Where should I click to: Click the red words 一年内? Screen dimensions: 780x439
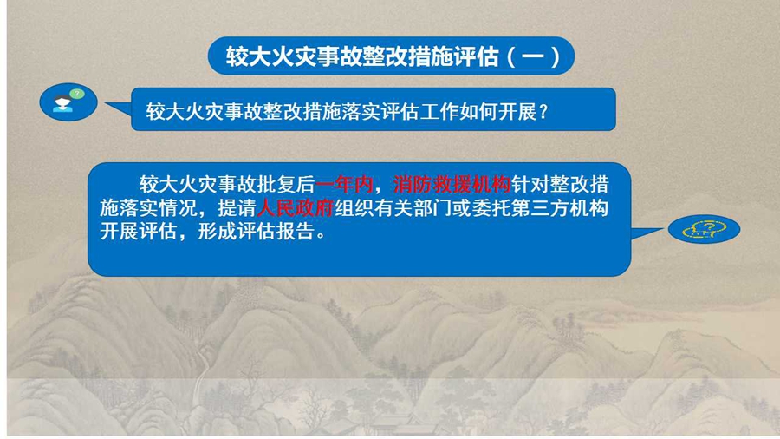344,185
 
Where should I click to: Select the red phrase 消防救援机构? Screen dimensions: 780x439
452,185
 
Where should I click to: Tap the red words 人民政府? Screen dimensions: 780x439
296,208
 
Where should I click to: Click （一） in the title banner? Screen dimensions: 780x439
533,56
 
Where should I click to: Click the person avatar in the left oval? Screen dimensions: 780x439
62,103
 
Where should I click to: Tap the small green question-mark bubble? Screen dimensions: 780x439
76,94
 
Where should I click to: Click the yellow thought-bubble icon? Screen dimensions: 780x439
705,229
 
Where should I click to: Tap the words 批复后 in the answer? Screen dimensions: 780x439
286,185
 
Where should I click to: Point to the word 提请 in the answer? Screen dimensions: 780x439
237,208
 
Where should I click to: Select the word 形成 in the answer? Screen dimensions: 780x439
218,232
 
